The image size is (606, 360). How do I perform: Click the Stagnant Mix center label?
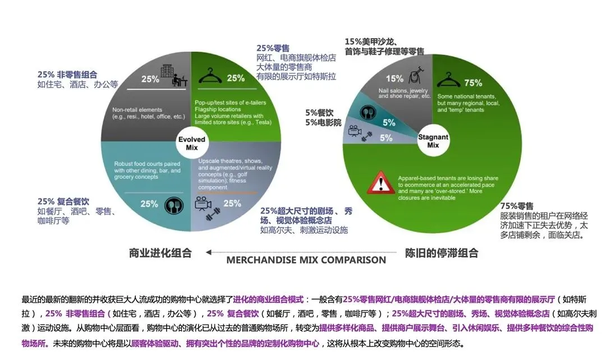pyautogui.click(x=433, y=140)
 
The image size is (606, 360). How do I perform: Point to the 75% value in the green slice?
pyautogui.click(x=473, y=83)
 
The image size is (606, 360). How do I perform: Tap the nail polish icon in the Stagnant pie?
pyautogui.click(x=416, y=77)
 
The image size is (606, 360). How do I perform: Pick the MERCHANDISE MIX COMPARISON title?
pyautogui.click(x=306, y=260)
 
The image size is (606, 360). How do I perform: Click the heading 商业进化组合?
pyautogui.click(x=160, y=253)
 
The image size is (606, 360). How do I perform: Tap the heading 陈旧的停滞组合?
pyautogui.click(x=442, y=253)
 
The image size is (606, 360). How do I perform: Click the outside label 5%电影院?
pyautogui.click(x=322, y=122)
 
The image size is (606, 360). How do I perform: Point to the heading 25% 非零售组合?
pyautogui.click(x=67, y=75)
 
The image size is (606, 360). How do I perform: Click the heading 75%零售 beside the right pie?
pyautogui.click(x=516, y=206)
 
